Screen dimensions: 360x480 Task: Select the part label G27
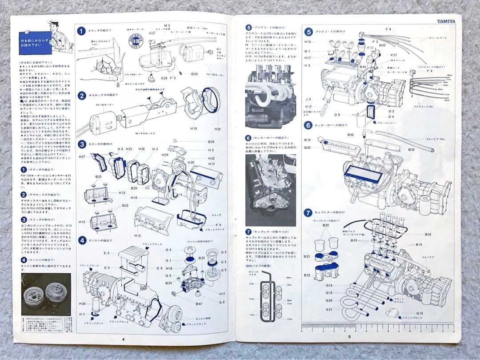152,33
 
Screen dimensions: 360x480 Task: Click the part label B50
195,74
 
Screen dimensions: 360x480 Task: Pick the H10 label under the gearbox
193,128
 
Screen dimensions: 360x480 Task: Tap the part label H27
82,157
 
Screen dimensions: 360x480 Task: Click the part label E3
107,253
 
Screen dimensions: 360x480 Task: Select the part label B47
199,304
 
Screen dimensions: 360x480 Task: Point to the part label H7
82,314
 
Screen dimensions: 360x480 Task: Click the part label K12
308,107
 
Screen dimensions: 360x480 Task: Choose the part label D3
337,115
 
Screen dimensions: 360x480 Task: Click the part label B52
428,234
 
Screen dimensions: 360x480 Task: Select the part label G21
329,309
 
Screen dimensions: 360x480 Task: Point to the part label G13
420,313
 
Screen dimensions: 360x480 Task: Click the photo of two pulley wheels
46,294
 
